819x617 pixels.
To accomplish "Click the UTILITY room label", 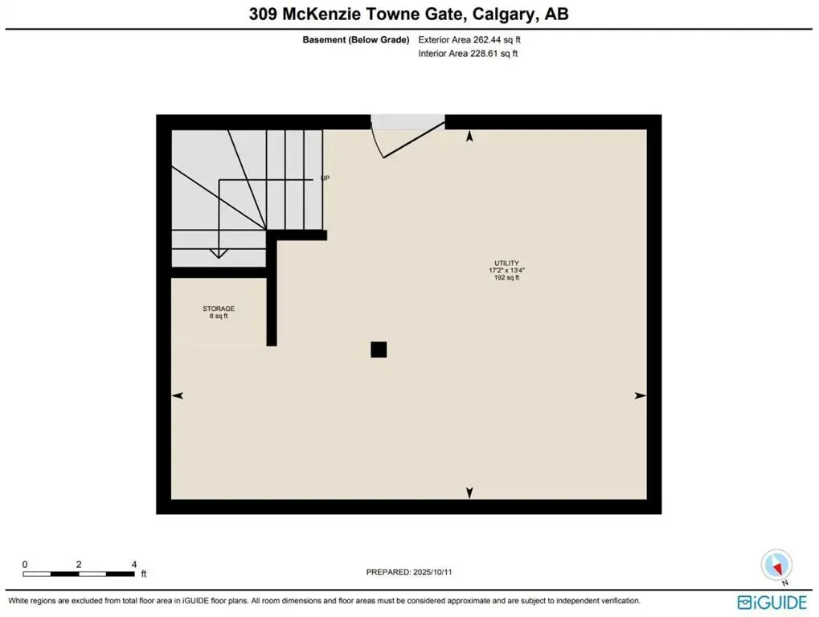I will (506, 263).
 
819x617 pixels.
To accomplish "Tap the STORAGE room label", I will (218, 308).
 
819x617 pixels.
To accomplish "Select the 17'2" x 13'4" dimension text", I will (506, 271).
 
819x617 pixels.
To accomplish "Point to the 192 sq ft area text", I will (506, 279).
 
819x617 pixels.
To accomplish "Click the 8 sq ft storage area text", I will (218, 317).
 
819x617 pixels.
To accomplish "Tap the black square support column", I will (379, 349).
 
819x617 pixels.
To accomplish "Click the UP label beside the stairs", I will (326, 178).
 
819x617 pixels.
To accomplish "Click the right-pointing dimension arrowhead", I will (641, 395).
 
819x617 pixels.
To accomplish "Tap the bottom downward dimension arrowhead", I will (470, 492).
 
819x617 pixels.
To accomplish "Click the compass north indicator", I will (777, 565).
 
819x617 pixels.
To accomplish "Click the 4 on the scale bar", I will (133, 565).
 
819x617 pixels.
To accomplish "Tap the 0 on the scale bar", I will (25, 565).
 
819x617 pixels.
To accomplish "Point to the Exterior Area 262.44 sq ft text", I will (475, 39).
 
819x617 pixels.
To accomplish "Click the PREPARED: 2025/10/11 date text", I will (414, 572).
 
